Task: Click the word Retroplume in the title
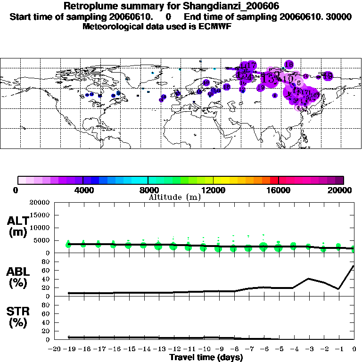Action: click(x=88, y=7)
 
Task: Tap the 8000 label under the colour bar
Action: click(x=148, y=190)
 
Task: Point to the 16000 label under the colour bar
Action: click(x=279, y=190)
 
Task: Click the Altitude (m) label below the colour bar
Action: click(x=174, y=197)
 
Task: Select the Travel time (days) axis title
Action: click(x=206, y=357)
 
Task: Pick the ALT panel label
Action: click(x=17, y=221)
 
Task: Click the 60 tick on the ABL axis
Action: click(x=46, y=270)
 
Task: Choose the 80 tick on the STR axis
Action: click(x=46, y=304)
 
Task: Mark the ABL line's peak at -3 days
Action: click(x=308, y=278)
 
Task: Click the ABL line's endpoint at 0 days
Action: click(x=354, y=266)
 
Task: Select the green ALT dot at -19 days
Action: click(x=68, y=244)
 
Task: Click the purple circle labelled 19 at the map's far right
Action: click(x=328, y=75)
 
